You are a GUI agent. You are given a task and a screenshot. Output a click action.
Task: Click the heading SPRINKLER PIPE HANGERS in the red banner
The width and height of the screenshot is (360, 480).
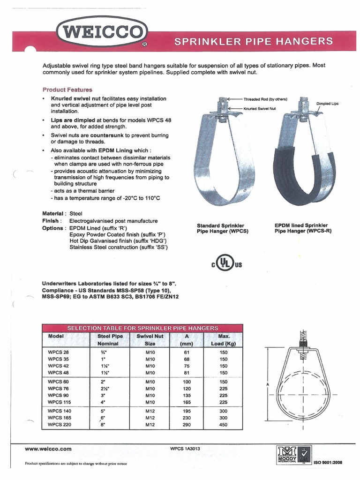point(254,41)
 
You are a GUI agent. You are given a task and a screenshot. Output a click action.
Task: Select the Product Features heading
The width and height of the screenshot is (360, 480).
point(67,90)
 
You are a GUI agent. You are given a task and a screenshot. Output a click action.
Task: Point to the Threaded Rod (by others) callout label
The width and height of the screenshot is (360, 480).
point(265,99)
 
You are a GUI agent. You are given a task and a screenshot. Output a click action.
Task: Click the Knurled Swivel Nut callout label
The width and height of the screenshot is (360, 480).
point(260,108)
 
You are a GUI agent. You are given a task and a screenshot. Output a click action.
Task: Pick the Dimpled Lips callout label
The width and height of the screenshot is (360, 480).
point(327,103)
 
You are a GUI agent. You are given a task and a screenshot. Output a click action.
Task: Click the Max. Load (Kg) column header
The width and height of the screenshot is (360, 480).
point(224,340)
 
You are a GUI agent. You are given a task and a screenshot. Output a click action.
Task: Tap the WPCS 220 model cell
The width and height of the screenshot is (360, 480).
point(59,425)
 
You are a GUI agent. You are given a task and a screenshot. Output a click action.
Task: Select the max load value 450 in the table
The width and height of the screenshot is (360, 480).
point(224,425)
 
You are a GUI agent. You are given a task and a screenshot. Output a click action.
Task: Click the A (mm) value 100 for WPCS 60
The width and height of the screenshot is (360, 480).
point(187,382)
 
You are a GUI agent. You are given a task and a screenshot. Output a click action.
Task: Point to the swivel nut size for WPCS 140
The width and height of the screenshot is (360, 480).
point(150,411)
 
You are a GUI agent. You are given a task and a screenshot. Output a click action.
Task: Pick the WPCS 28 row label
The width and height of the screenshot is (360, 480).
point(58,352)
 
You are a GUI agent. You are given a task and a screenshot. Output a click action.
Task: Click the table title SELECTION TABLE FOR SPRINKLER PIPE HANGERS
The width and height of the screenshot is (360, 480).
point(142,328)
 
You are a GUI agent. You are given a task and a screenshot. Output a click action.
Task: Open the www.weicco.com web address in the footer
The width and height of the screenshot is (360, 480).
point(48,449)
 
